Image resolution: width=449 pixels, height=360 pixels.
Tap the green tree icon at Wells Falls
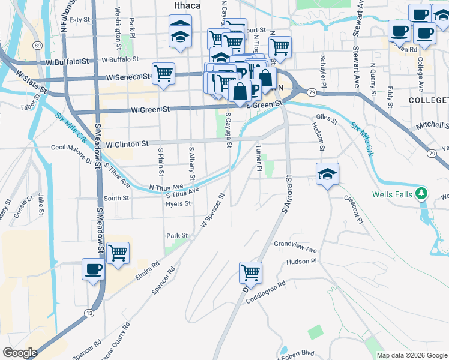[421, 193]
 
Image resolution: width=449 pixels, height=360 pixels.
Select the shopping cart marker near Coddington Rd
[250, 272]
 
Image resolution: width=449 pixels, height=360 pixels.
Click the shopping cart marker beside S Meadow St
[118, 252]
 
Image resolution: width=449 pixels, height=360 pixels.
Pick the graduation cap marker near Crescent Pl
[327, 174]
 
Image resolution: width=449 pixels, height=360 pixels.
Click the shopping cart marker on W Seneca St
[163, 74]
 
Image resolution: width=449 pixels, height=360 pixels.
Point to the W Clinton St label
[127, 144]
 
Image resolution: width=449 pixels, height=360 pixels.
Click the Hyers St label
[178, 203]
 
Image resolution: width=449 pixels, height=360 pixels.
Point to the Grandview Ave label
[295, 246]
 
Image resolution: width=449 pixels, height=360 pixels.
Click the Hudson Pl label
[301, 262]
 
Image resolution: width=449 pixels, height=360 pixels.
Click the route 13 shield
[89, 313]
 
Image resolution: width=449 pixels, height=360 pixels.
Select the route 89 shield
[38, 46]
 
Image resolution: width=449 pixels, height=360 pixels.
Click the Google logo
[20, 353]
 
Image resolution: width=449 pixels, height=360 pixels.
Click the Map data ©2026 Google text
[411, 355]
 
